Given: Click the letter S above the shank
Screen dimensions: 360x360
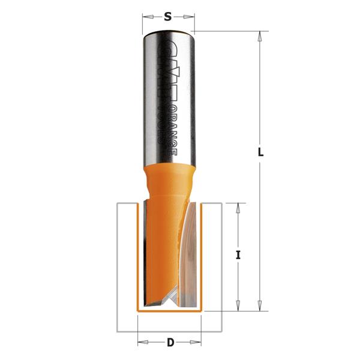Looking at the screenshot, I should coord(168,17).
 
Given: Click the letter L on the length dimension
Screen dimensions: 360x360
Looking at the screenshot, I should coord(260,152).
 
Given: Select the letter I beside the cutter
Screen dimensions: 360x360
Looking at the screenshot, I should coord(238,255).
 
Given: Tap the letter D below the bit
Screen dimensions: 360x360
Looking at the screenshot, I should coord(170,343).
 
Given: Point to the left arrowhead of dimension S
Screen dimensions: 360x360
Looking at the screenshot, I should coord(145,18).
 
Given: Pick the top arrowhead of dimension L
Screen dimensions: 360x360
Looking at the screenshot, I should coord(260,36).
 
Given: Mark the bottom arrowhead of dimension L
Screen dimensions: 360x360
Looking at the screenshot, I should coord(260,307).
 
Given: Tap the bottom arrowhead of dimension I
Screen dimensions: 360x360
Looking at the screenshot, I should coord(238,307).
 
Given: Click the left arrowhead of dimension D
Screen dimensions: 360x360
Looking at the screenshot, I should coord(142,343).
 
